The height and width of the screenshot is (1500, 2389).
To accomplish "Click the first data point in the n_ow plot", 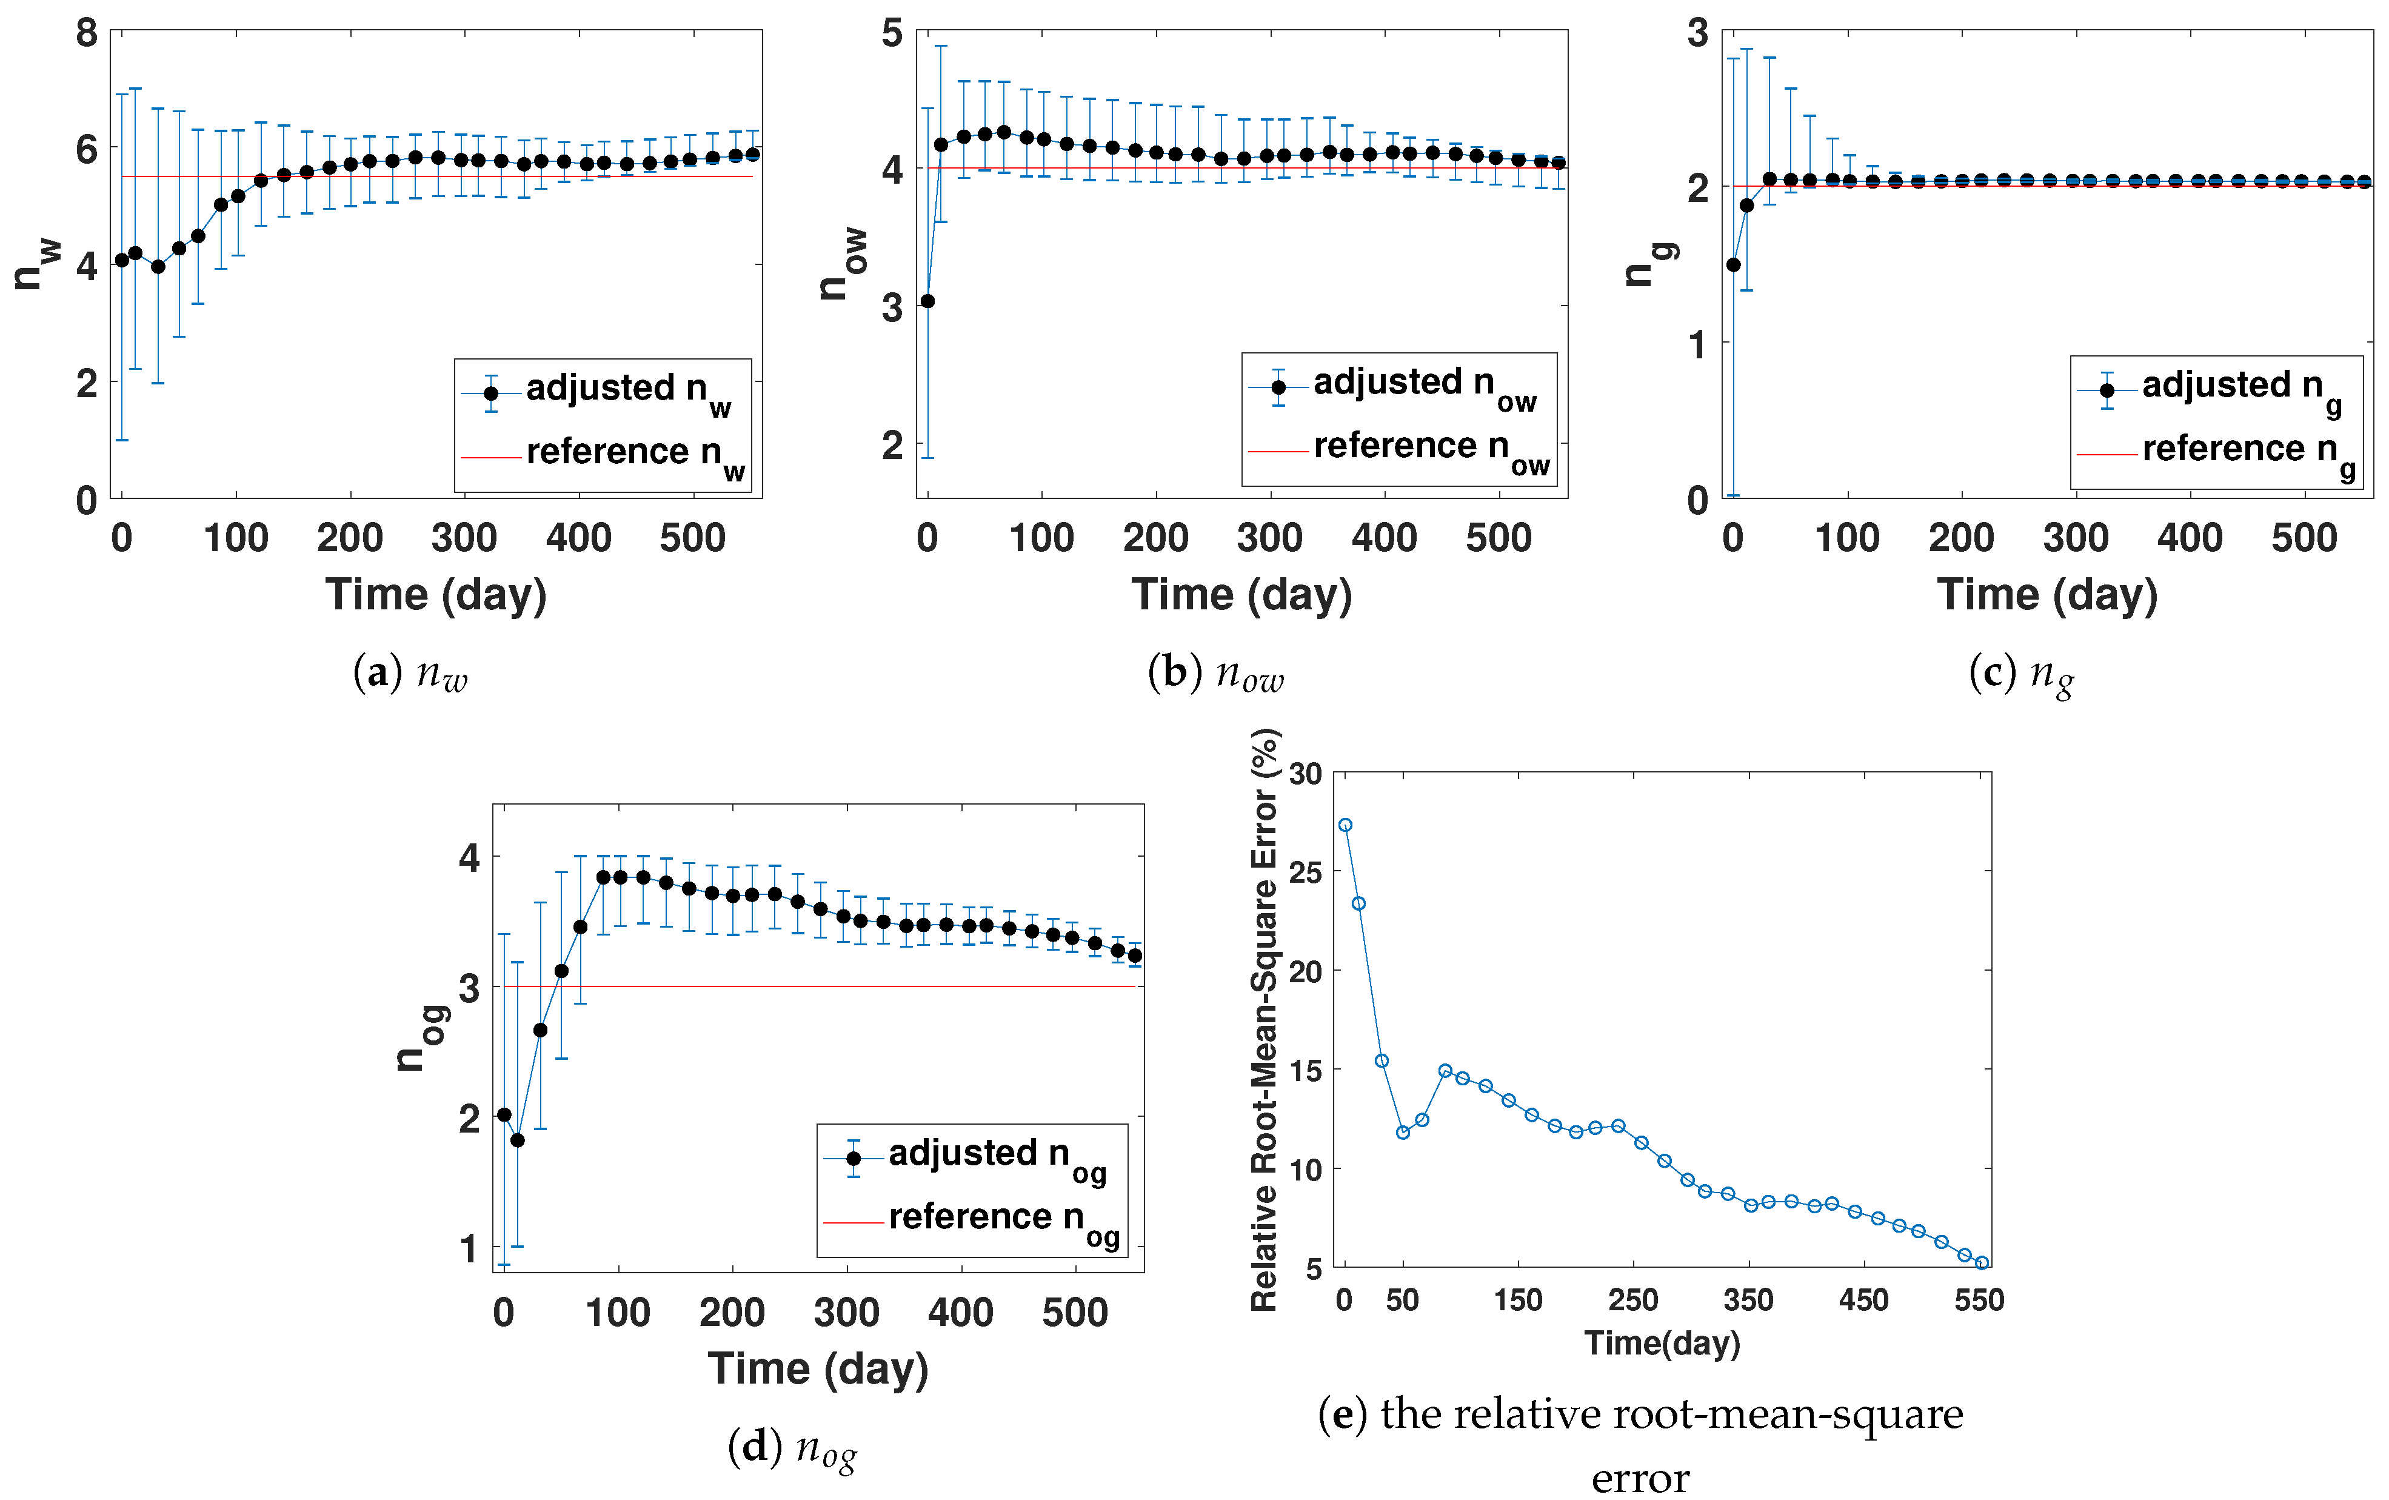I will (x=927, y=301).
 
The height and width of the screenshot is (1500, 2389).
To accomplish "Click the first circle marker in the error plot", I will (x=1345, y=825).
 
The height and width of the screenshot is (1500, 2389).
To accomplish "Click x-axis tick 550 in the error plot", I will (x=1979, y=1299).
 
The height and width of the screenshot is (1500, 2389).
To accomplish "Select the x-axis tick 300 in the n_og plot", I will (x=846, y=1313).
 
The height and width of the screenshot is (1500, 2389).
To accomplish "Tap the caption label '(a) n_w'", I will (x=410, y=674).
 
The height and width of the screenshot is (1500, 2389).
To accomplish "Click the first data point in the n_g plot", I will (x=1734, y=265).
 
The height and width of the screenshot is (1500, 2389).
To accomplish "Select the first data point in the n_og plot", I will (x=504, y=1115).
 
